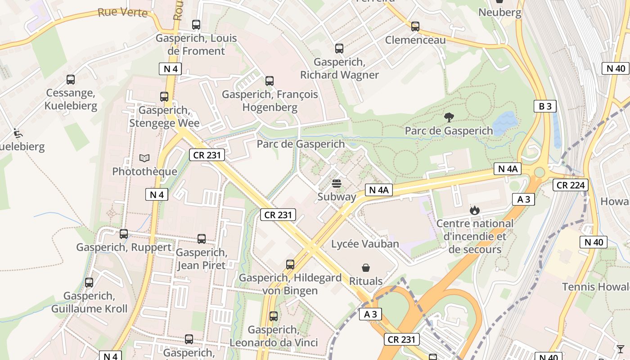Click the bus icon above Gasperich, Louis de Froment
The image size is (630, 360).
196,25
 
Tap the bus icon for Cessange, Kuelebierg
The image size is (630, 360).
71,80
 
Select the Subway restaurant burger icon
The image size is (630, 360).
337,184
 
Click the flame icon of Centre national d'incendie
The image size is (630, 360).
474,210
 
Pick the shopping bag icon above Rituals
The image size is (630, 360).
366,268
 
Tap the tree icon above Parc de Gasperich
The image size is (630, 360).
449,117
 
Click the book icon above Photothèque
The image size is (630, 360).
144,158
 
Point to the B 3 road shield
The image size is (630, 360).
545,106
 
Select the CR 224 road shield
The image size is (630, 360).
570,185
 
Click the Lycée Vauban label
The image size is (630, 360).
365,244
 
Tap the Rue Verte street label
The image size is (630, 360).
122,12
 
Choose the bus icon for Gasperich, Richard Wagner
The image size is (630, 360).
339,49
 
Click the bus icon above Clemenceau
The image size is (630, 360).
415,27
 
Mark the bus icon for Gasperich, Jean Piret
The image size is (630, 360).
202,239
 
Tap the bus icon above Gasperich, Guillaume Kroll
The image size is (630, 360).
89,283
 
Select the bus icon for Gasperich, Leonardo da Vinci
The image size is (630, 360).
274,316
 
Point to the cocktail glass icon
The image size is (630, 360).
621,349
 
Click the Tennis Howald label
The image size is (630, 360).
595,287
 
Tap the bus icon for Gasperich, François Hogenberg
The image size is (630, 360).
270,81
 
